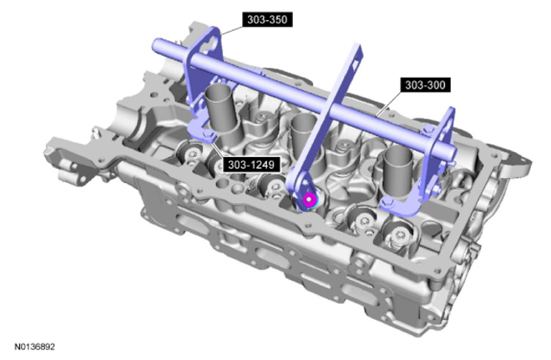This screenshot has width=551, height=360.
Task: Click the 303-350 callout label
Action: tap(267, 20)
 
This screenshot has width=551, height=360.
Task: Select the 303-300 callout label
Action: tap(425, 85)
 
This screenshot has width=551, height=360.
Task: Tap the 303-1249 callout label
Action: tap(251, 165)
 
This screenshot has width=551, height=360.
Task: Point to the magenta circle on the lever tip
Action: tap(309, 200)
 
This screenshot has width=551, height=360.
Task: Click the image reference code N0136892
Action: tap(35, 347)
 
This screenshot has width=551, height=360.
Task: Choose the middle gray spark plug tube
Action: tap(305, 137)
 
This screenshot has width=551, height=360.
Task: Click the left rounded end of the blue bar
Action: tap(156, 44)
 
